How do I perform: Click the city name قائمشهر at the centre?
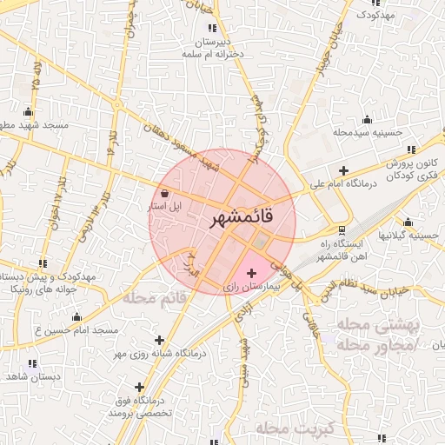pos(242,218)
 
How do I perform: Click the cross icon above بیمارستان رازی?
pos(252,275)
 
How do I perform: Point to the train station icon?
pos(342,230)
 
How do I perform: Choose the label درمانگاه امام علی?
pos(345,184)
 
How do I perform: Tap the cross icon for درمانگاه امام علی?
pos(345,170)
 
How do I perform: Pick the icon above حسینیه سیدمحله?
pos(367,120)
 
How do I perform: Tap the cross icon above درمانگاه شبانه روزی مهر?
pos(159,341)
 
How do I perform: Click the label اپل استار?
pos(163,206)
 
